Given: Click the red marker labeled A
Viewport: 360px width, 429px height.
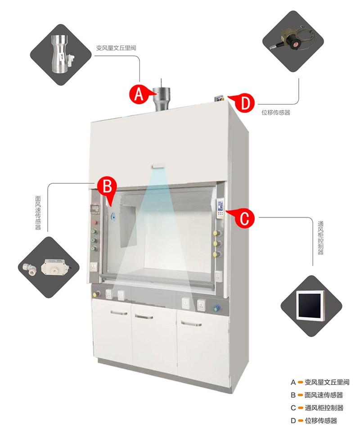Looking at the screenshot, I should pyautogui.click(x=139, y=94).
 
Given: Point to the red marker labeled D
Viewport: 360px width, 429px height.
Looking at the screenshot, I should pyautogui.click(x=243, y=103).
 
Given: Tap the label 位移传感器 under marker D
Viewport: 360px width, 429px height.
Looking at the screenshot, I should pyautogui.click(x=276, y=113).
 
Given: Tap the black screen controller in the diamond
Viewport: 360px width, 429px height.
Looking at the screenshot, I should pyautogui.click(x=311, y=306).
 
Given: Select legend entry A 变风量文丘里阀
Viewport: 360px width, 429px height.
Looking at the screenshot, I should pyautogui.click(x=320, y=382).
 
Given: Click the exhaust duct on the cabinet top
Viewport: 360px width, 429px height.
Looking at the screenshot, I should pyautogui.click(x=162, y=100).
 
